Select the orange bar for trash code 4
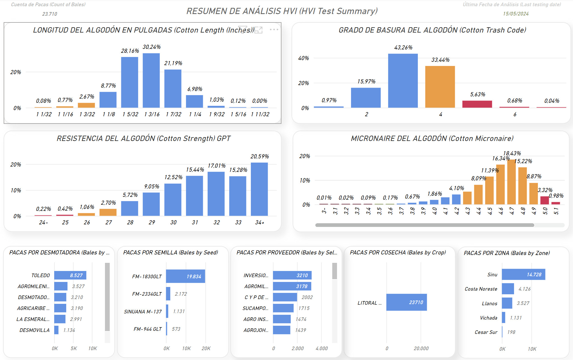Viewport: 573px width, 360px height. pyautogui.click(x=440, y=87)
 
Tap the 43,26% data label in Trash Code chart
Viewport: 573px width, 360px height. pyautogui.click(x=403, y=47)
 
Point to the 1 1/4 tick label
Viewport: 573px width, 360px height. pyautogui.click(x=195, y=114)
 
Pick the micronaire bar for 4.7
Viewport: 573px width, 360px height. pyautogui.click(x=511, y=182)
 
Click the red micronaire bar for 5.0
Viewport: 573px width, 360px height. pyautogui.click(x=544, y=200)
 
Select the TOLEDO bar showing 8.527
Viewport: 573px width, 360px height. pyautogui.click(x=70, y=275)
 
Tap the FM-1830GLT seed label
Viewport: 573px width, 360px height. pyautogui.click(x=147, y=277)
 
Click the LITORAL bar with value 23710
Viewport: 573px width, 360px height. pyautogui.click(x=406, y=302)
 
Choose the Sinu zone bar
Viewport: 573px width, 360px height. pyautogui.click(x=523, y=274)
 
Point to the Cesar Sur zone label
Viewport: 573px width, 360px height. pyautogui.click(x=486, y=332)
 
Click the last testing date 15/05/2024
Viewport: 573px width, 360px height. pyautogui.click(x=515, y=14)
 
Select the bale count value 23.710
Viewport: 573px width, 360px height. pyautogui.click(x=50, y=14)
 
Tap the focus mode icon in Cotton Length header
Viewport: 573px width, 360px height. pyautogui.click(x=258, y=30)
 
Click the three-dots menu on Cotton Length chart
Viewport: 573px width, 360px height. pyautogui.click(x=274, y=29)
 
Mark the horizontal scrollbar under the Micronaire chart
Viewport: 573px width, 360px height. pyautogui.click(x=425, y=225)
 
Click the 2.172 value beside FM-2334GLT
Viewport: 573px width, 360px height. pyautogui.click(x=181, y=294)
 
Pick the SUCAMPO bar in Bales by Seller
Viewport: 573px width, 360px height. pyautogui.click(x=283, y=308)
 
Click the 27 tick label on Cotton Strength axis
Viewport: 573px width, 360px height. pyautogui.click(x=109, y=222)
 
